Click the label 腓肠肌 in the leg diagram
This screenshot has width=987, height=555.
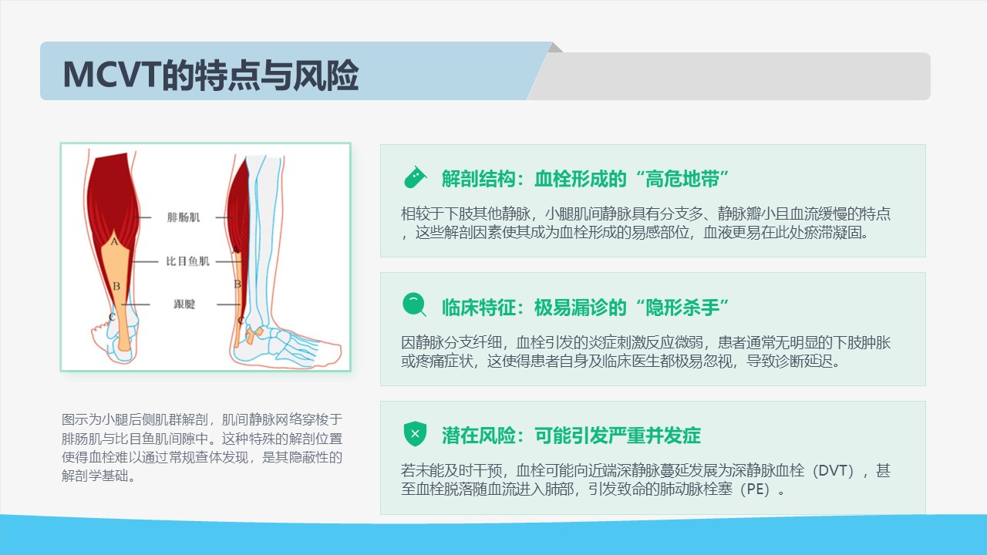tap(184, 217)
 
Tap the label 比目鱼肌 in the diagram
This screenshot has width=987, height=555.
tap(187, 261)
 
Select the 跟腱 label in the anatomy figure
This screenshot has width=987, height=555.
tap(184, 304)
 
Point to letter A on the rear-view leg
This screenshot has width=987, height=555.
tap(114, 241)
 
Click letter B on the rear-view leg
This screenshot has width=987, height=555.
tap(116, 286)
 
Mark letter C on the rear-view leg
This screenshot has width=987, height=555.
tap(112, 317)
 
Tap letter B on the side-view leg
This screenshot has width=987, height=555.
tap(237, 284)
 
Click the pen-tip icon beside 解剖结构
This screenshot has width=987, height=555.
tap(415, 178)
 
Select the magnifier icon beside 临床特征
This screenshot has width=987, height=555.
tap(414, 304)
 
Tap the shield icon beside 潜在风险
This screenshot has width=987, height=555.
tap(415, 434)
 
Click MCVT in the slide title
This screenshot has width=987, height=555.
tap(112, 75)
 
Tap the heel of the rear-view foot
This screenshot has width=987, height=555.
tap(123, 355)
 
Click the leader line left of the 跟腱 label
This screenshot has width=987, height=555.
tap(135, 304)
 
